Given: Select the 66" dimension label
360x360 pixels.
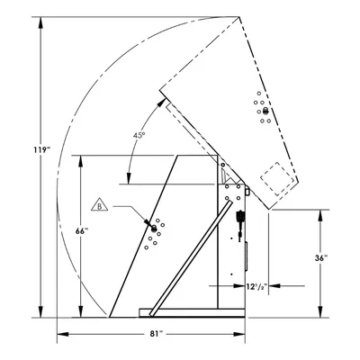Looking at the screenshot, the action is coord(82,231).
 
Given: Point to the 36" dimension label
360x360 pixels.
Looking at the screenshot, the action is coord(321,257).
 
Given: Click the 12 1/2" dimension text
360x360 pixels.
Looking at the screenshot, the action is coord(256,286).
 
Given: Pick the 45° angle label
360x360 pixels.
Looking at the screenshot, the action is coord(139,135).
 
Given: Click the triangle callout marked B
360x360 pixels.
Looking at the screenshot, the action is coord(100,205).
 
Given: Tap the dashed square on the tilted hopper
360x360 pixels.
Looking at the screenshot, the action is coord(277,179).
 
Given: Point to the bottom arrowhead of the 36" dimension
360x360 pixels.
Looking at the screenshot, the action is coord(320,311).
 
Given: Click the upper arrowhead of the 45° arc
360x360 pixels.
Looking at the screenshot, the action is coord(162,102).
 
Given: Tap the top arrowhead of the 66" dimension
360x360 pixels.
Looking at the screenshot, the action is coord(80,161).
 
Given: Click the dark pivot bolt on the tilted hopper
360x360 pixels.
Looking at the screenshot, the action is coord(265,112).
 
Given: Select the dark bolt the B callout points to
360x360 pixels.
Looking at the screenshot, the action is coord(154,229).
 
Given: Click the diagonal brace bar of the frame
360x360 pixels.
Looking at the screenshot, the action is coord(191,258).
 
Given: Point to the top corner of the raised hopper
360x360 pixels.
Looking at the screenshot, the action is coord(239,16).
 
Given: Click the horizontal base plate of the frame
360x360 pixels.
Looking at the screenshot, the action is coord(192,312).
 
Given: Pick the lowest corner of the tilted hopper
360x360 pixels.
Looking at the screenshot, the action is coord(269,209).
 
